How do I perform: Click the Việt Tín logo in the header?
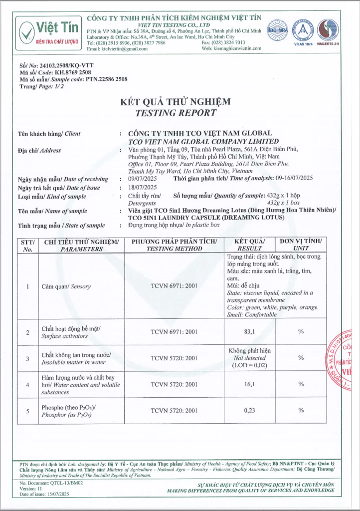coord(48,31)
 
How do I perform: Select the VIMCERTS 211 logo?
coord(328,31)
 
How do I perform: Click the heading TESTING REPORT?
coord(176,113)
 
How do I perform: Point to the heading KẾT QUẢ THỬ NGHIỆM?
coord(176,102)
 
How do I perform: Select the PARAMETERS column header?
coord(78,249)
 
